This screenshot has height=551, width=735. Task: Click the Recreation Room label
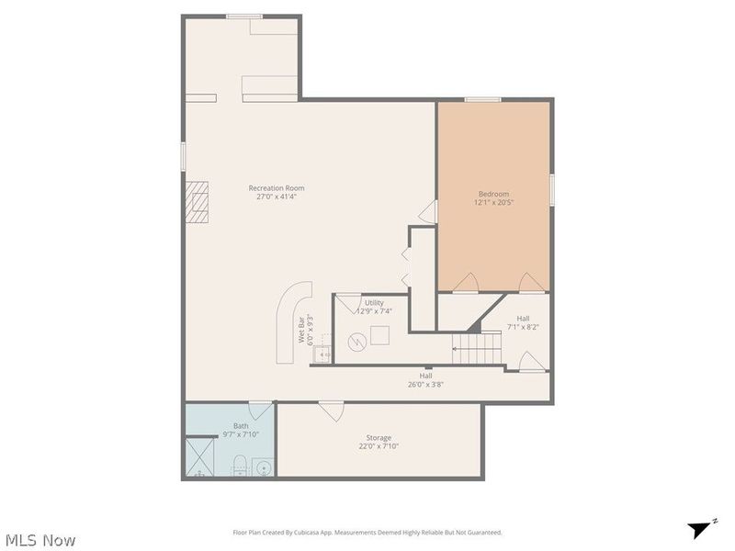point(277,188)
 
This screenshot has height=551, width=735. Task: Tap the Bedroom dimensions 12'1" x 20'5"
point(493,202)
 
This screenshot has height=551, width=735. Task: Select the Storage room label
point(379,438)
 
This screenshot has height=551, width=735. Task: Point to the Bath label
point(241,426)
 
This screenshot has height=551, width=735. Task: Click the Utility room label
point(374,303)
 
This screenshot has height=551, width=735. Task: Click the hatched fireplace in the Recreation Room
point(197,202)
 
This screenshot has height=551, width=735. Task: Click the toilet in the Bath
point(240,465)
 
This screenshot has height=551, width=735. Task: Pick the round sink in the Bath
point(263,467)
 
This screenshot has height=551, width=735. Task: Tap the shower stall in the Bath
point(199,456)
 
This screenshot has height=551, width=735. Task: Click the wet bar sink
point(322,354)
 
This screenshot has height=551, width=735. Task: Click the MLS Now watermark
point(40,540)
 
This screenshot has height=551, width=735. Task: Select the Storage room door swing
point(332,411)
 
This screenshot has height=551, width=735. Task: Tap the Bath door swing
point(260,410)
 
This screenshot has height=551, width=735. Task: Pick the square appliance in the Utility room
point(379,335)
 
